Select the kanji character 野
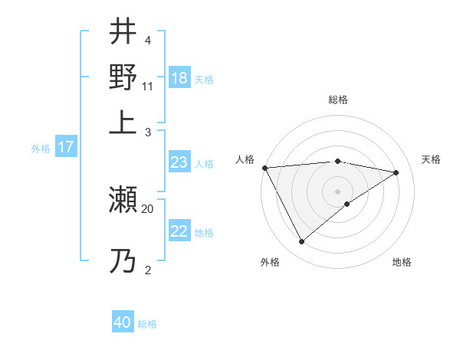(123, 77)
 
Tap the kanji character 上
(123, 122)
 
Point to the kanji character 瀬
(123, 201)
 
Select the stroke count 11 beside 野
(148, 86)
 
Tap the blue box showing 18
(179, 79)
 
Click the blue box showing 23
(179, 162)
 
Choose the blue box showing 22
(179, 231)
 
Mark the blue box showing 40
(123, 323)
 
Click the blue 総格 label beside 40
(147, 324)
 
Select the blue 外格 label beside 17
(41, 149)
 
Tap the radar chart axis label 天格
(431, 159)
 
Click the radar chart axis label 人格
(245, 159)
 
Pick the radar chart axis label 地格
(402, 262)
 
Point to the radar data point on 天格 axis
(396, 172)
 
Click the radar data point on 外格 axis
(301, 241)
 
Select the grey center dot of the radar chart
(337, 191)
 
